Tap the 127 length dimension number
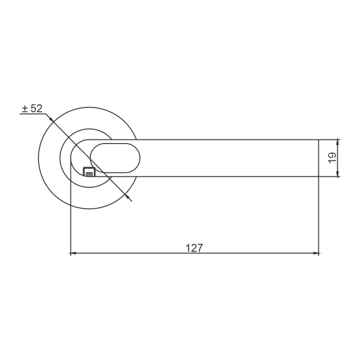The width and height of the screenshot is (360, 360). point(194,248)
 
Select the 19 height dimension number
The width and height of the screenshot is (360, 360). point(332,158)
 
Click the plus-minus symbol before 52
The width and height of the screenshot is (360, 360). point(25,109)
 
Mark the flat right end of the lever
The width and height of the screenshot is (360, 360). point(319,158)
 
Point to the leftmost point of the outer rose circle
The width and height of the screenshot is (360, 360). point(39,158)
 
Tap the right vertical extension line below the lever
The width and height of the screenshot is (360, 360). point(319,216)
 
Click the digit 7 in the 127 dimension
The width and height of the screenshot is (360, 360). point(200,248)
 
